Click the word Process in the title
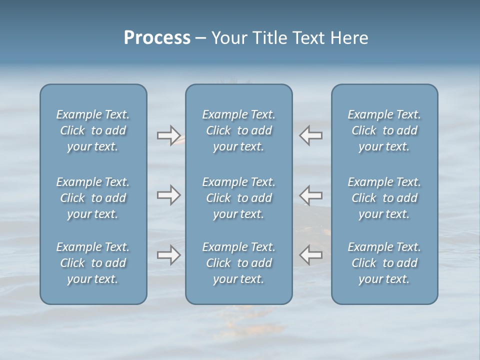(x=157, y=38)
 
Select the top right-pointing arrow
(x=168, y=135)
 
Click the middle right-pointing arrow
(x=168, y=195)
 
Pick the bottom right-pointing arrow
(x=168, y=255)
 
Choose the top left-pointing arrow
(x=310, y=135)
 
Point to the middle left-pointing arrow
(x=310, y=195)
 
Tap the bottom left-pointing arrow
(x=310, y=255)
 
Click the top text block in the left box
(x=93, y=130)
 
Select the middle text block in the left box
(x=93, y=198)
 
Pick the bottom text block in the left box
(x=93, y=263)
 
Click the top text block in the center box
(x=239, y=130)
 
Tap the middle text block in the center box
(x=239, y=198)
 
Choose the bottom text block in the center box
(x=239, y=263)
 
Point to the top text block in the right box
(x=384, y=130)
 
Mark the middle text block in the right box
(x=384, y=198)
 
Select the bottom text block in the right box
(x=384, y=263)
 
